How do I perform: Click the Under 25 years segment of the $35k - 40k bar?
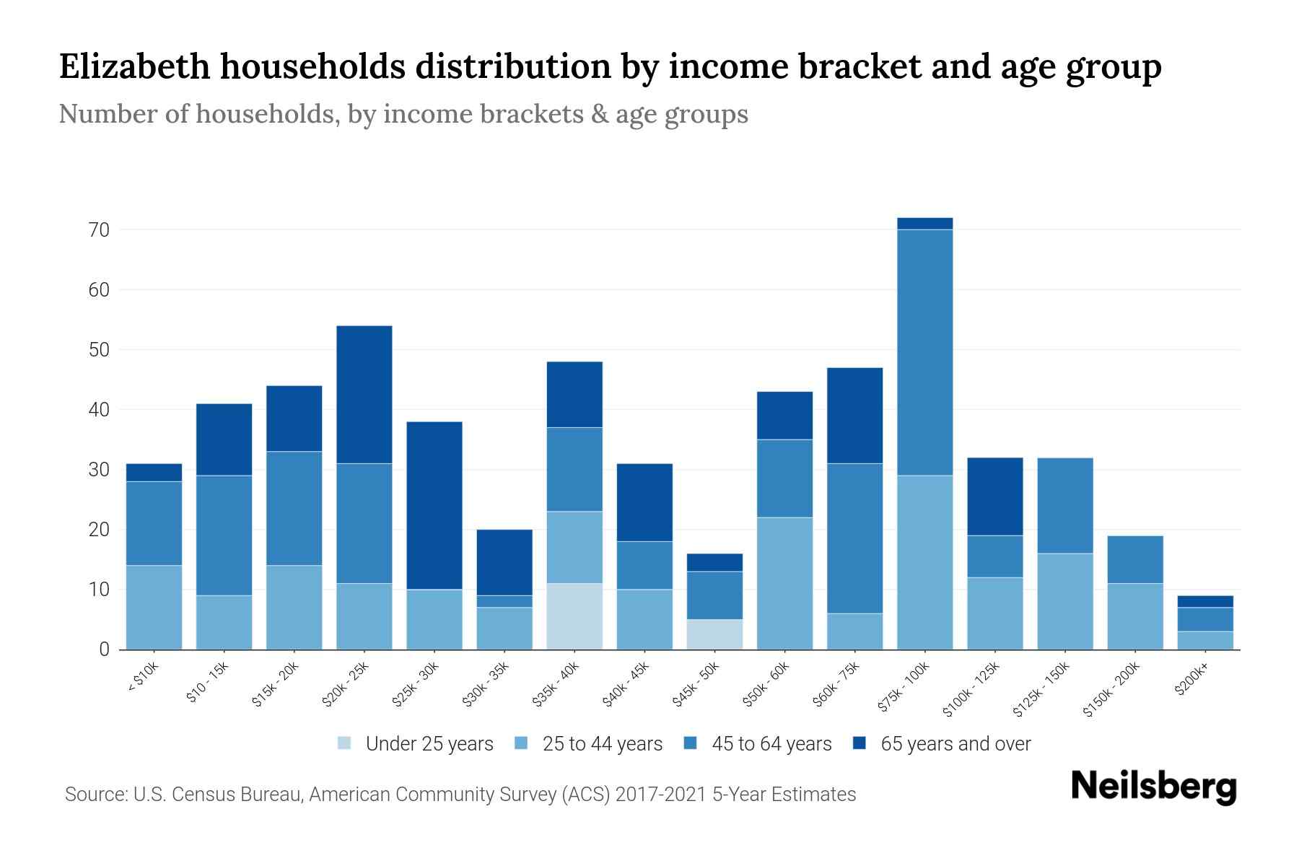[574, 616]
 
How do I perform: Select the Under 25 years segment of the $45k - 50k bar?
[714, 634]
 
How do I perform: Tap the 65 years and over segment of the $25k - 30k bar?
[434, 505]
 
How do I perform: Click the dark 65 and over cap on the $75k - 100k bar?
[924, 224]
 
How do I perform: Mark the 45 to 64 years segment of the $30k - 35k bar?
[504, 601]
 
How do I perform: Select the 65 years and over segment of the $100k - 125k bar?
[994, 497]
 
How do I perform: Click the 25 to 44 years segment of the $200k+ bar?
[1204, 640]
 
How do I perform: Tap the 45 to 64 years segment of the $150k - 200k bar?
[1134, 559]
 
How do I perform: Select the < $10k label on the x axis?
[144, 678]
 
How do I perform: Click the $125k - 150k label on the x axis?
[1041, 689]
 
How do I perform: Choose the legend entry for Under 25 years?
[416, 743]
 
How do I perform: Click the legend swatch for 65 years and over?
[860, 743]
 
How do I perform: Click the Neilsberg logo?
[1153, 786]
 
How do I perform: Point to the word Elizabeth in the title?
[134, 66]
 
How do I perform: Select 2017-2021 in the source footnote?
[661, 795]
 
